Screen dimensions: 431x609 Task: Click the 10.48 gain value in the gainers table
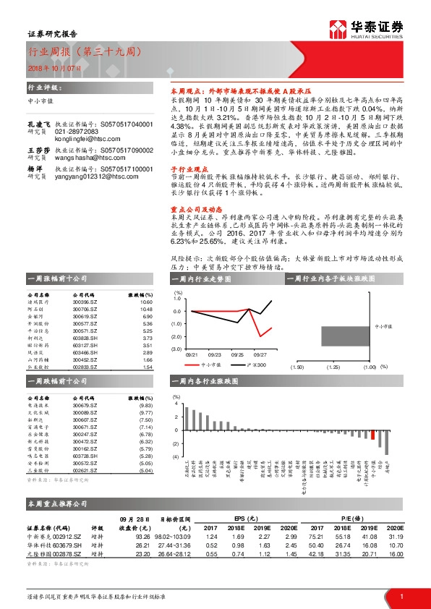pos(145,289)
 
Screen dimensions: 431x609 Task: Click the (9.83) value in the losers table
pos(145,406)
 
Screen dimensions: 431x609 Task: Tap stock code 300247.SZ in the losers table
pos(85,435)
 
